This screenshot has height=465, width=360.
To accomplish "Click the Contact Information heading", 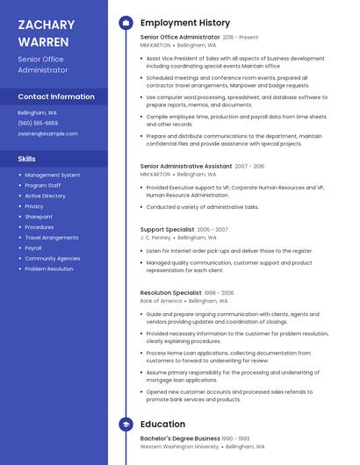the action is coord(56,97).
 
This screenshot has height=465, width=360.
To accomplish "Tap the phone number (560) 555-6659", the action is coord(38,124).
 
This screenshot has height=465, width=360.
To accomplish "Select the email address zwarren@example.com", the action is coord(47,134).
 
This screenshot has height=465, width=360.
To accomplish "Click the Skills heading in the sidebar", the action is coord(27,159).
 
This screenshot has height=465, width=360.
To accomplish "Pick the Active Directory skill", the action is coord(45,196).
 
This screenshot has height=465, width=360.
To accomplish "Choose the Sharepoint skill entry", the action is coord(39,217).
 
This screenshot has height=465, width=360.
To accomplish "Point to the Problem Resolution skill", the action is coord(49,269).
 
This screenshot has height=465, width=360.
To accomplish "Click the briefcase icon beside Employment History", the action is coord(126,23).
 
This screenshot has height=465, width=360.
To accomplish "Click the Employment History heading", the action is coord(185,23).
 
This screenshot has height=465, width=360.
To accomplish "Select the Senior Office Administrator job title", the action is coord(180,38).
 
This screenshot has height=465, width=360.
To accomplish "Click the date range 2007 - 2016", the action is coord(248,166).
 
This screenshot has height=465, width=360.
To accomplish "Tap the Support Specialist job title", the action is coord(168,228).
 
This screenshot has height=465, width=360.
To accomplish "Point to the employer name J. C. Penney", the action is coord(155,237).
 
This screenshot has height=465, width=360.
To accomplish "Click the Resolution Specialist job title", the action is coord(170,292).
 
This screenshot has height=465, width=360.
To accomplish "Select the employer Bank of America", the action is coord(161,301).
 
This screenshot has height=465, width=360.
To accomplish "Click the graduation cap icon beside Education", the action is coord(126,424).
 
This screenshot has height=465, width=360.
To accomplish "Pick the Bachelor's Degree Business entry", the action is coord(180,438).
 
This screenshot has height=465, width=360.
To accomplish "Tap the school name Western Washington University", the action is coord(180,447).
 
